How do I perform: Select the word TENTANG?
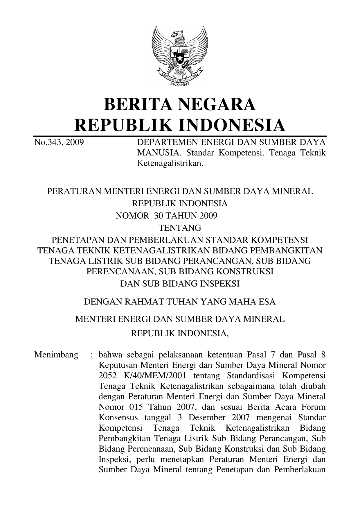180,228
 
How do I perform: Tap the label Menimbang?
56,355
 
